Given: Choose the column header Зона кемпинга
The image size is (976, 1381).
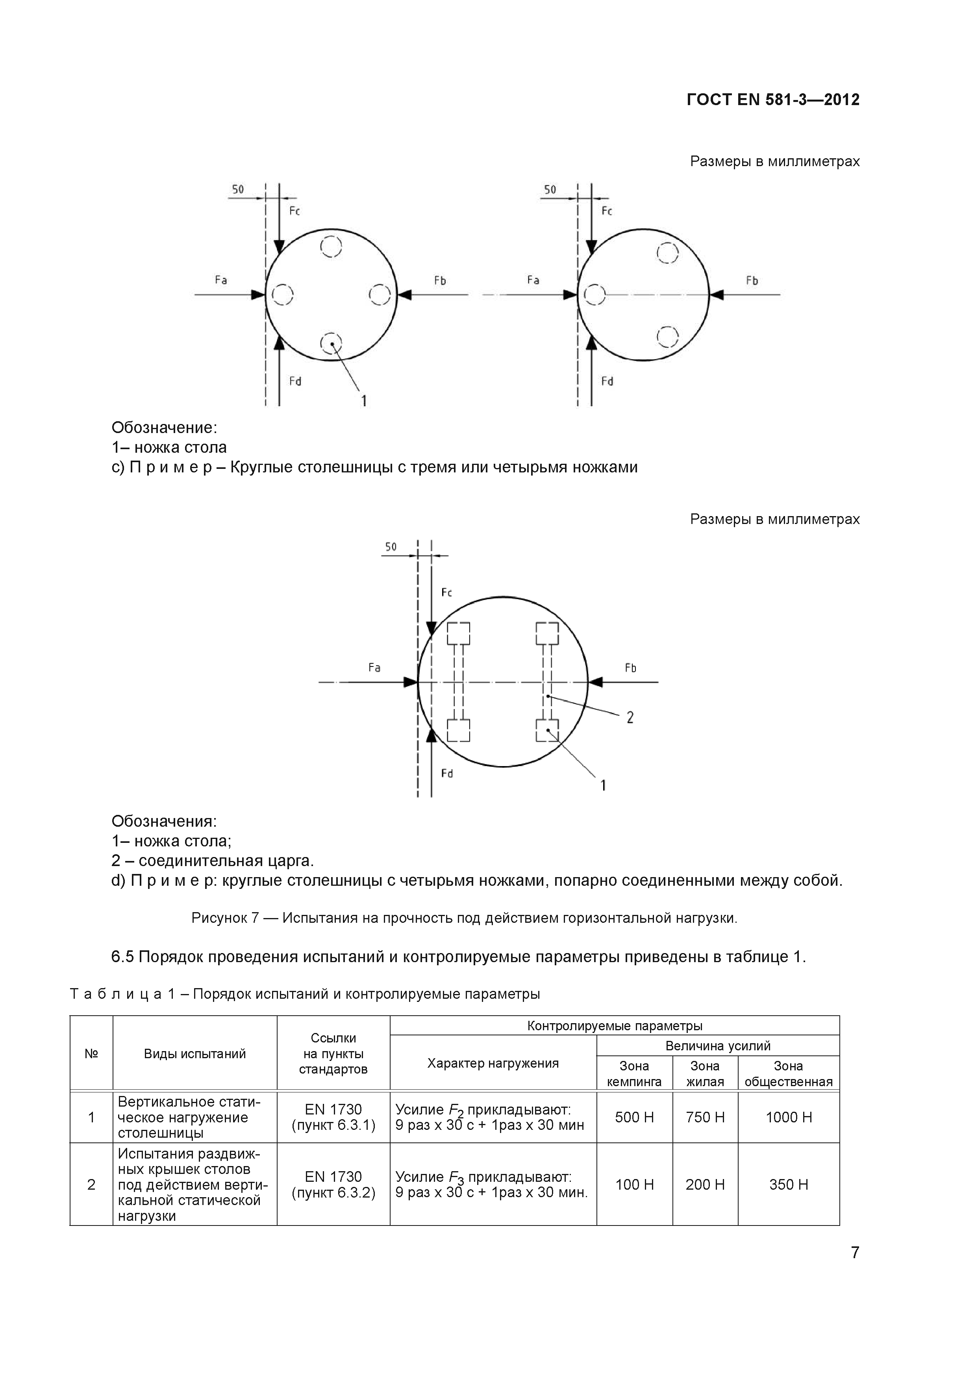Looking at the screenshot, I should pyautogui.click(x=634, y=1074).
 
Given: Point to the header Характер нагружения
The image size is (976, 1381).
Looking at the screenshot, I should pyautogui.click(x=493, y=1063).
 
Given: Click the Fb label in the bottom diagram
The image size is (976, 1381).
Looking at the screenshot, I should pyautogui.click(x=630, y=668).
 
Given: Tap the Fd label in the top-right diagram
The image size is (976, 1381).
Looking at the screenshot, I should pyautogui.click(x=607, y=381).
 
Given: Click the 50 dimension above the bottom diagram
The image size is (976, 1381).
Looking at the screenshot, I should pyautogui.click(x=391, y=547).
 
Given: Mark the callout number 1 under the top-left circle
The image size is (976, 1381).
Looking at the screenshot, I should pyautogui.click(x=364, y=400).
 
